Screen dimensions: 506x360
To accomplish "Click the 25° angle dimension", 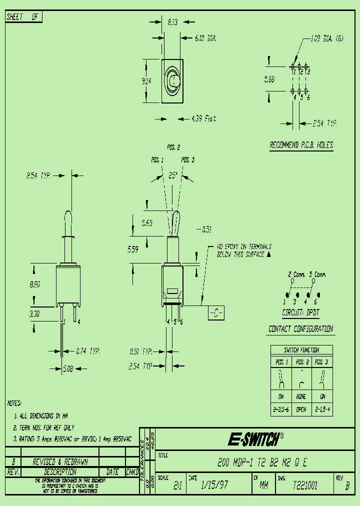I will point(173,175).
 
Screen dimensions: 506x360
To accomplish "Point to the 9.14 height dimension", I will point(146,81).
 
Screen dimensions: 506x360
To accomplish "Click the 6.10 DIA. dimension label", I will point(205,37).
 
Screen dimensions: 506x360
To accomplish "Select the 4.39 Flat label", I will point(203,118).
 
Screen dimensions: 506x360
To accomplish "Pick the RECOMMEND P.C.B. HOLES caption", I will point(301,145).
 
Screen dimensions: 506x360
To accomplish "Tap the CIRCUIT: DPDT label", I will point(300,312).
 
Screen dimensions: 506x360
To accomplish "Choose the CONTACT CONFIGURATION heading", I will point(300,328).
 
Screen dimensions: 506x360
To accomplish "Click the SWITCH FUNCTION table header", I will point(301,350).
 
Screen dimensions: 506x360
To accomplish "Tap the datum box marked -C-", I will point(215,313).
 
